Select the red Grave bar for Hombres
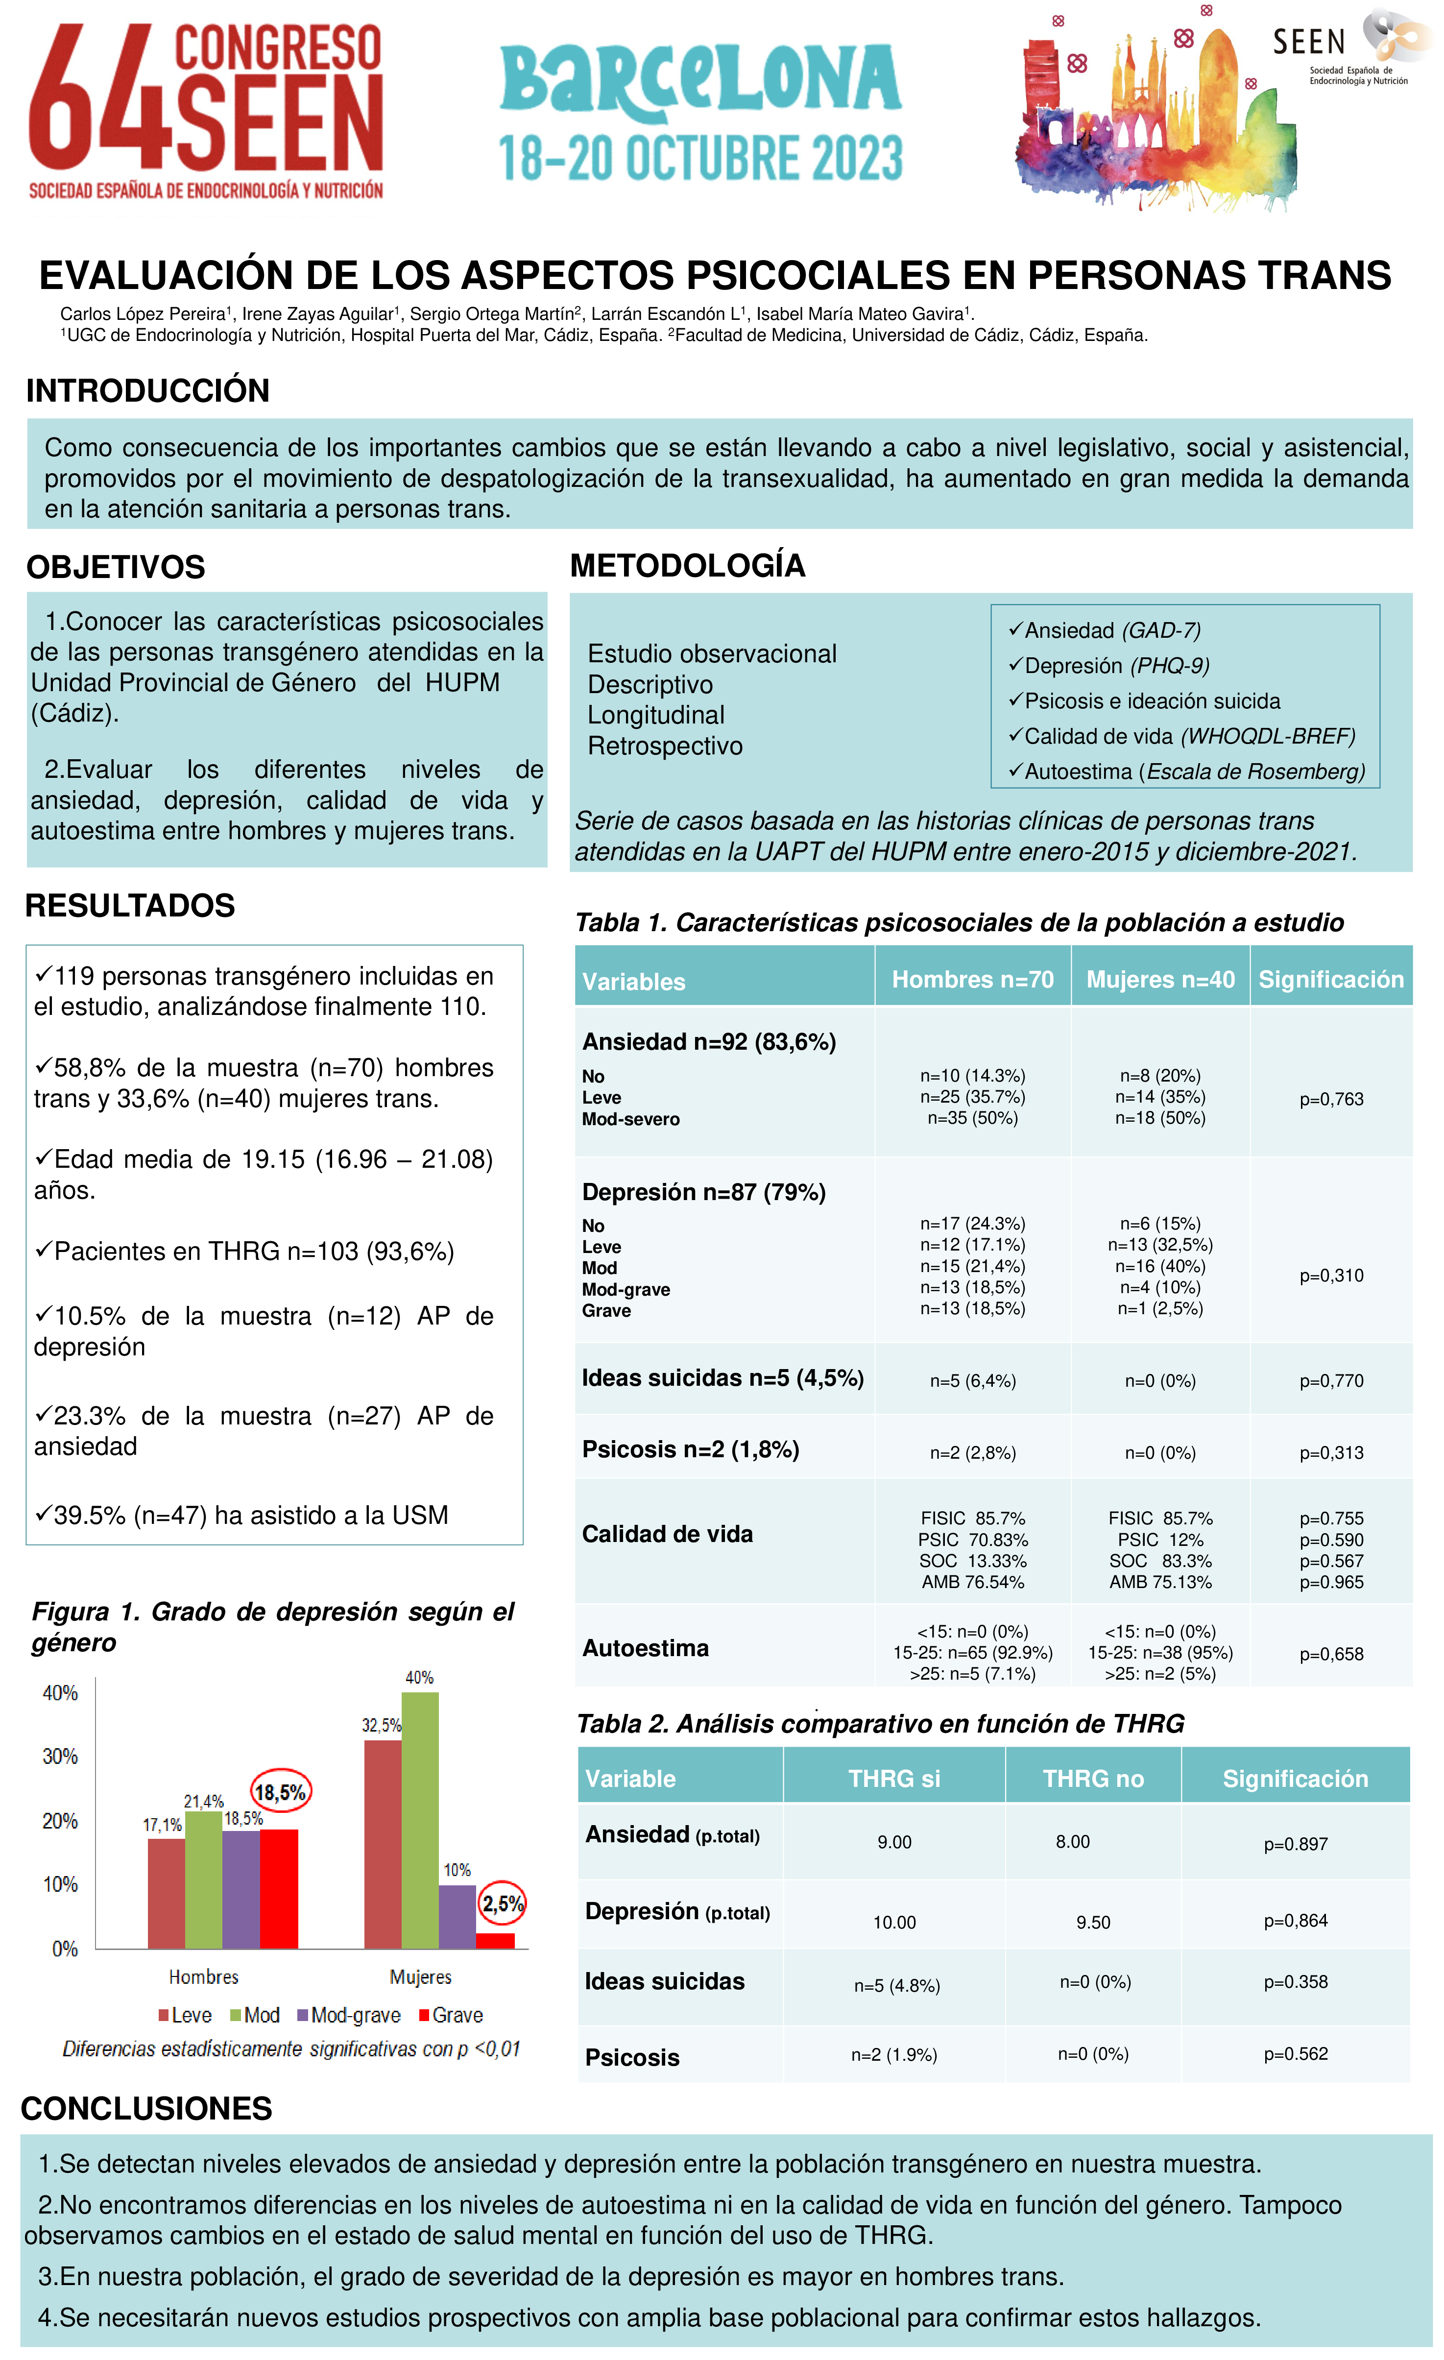(279, 1889)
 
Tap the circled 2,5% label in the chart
(502, 1903)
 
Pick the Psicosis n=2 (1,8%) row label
(690, 1449)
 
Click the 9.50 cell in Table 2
(1093, 1922)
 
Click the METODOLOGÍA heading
(688, 566)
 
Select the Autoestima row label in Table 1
(646, 1648)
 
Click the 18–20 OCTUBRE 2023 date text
(700, 158)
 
